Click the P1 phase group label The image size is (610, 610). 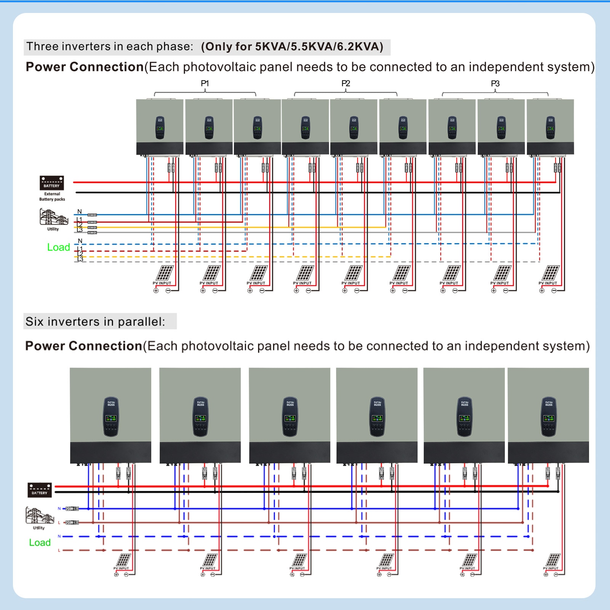tap(205, 83)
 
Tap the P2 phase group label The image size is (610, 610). tap(346, 83)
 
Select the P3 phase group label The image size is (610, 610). tap(495, 83)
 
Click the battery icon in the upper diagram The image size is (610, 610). tap(52, 183)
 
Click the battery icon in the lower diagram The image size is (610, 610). tap(40, 490)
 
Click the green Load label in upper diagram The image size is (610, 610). tap(58, 247)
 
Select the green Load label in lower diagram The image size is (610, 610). tap(40, 543)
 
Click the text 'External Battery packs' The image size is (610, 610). tap(52, 197)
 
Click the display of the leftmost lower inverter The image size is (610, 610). tap(111, 418)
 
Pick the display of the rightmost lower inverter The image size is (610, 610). tap(549, 418)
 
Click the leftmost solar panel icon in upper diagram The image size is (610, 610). tap(165, 273)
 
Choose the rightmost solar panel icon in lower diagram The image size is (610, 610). tap(553, 560)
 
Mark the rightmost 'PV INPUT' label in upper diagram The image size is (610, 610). tap(548, 283)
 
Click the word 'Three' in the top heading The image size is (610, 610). tap(42, 46)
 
